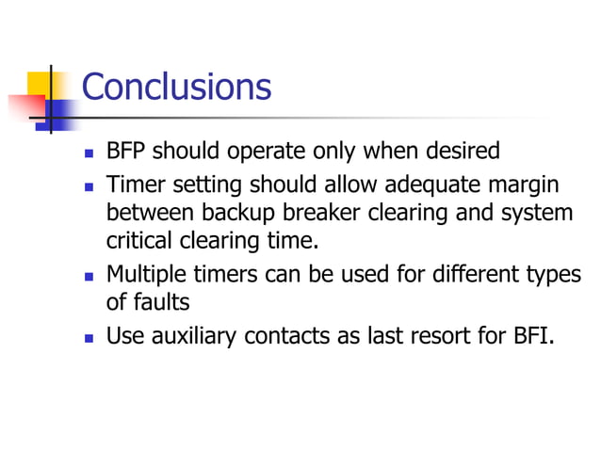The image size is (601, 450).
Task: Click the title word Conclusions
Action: (176, 87)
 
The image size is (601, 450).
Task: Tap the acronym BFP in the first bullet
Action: (126, 151)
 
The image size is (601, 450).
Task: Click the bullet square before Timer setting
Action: (89, 185)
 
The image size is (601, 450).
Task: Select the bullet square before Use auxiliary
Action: (89, 336)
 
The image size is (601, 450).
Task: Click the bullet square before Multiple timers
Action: (89, 276)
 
